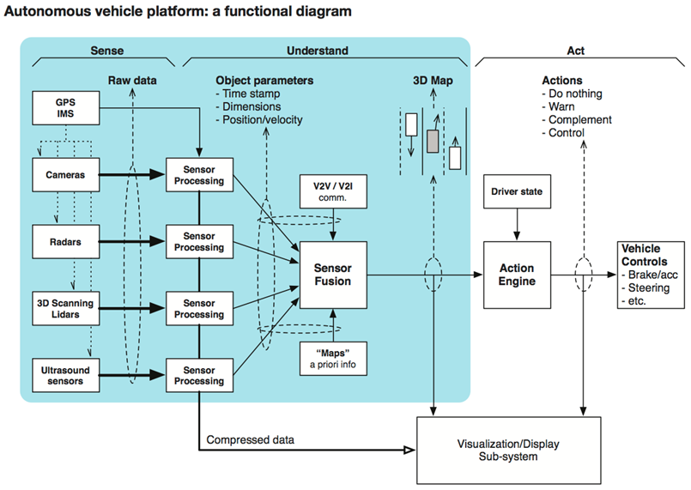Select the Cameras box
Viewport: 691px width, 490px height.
click(64, 174)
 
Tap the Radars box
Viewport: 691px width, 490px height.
click(64, 241)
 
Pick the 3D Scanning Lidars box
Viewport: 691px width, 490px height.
click(64, 308)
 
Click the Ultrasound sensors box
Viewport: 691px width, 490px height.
click(64, 374)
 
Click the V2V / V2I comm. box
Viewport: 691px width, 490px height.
click(332, 193)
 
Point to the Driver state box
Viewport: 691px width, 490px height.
click(517, 193)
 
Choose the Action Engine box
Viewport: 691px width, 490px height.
click(517, 275)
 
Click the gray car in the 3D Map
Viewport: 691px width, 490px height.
click(433, 141)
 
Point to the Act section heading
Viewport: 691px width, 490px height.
click(578, 51)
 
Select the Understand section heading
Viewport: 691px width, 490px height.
click(324, 51)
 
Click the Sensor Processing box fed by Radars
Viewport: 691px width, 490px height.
click(198, 241)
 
